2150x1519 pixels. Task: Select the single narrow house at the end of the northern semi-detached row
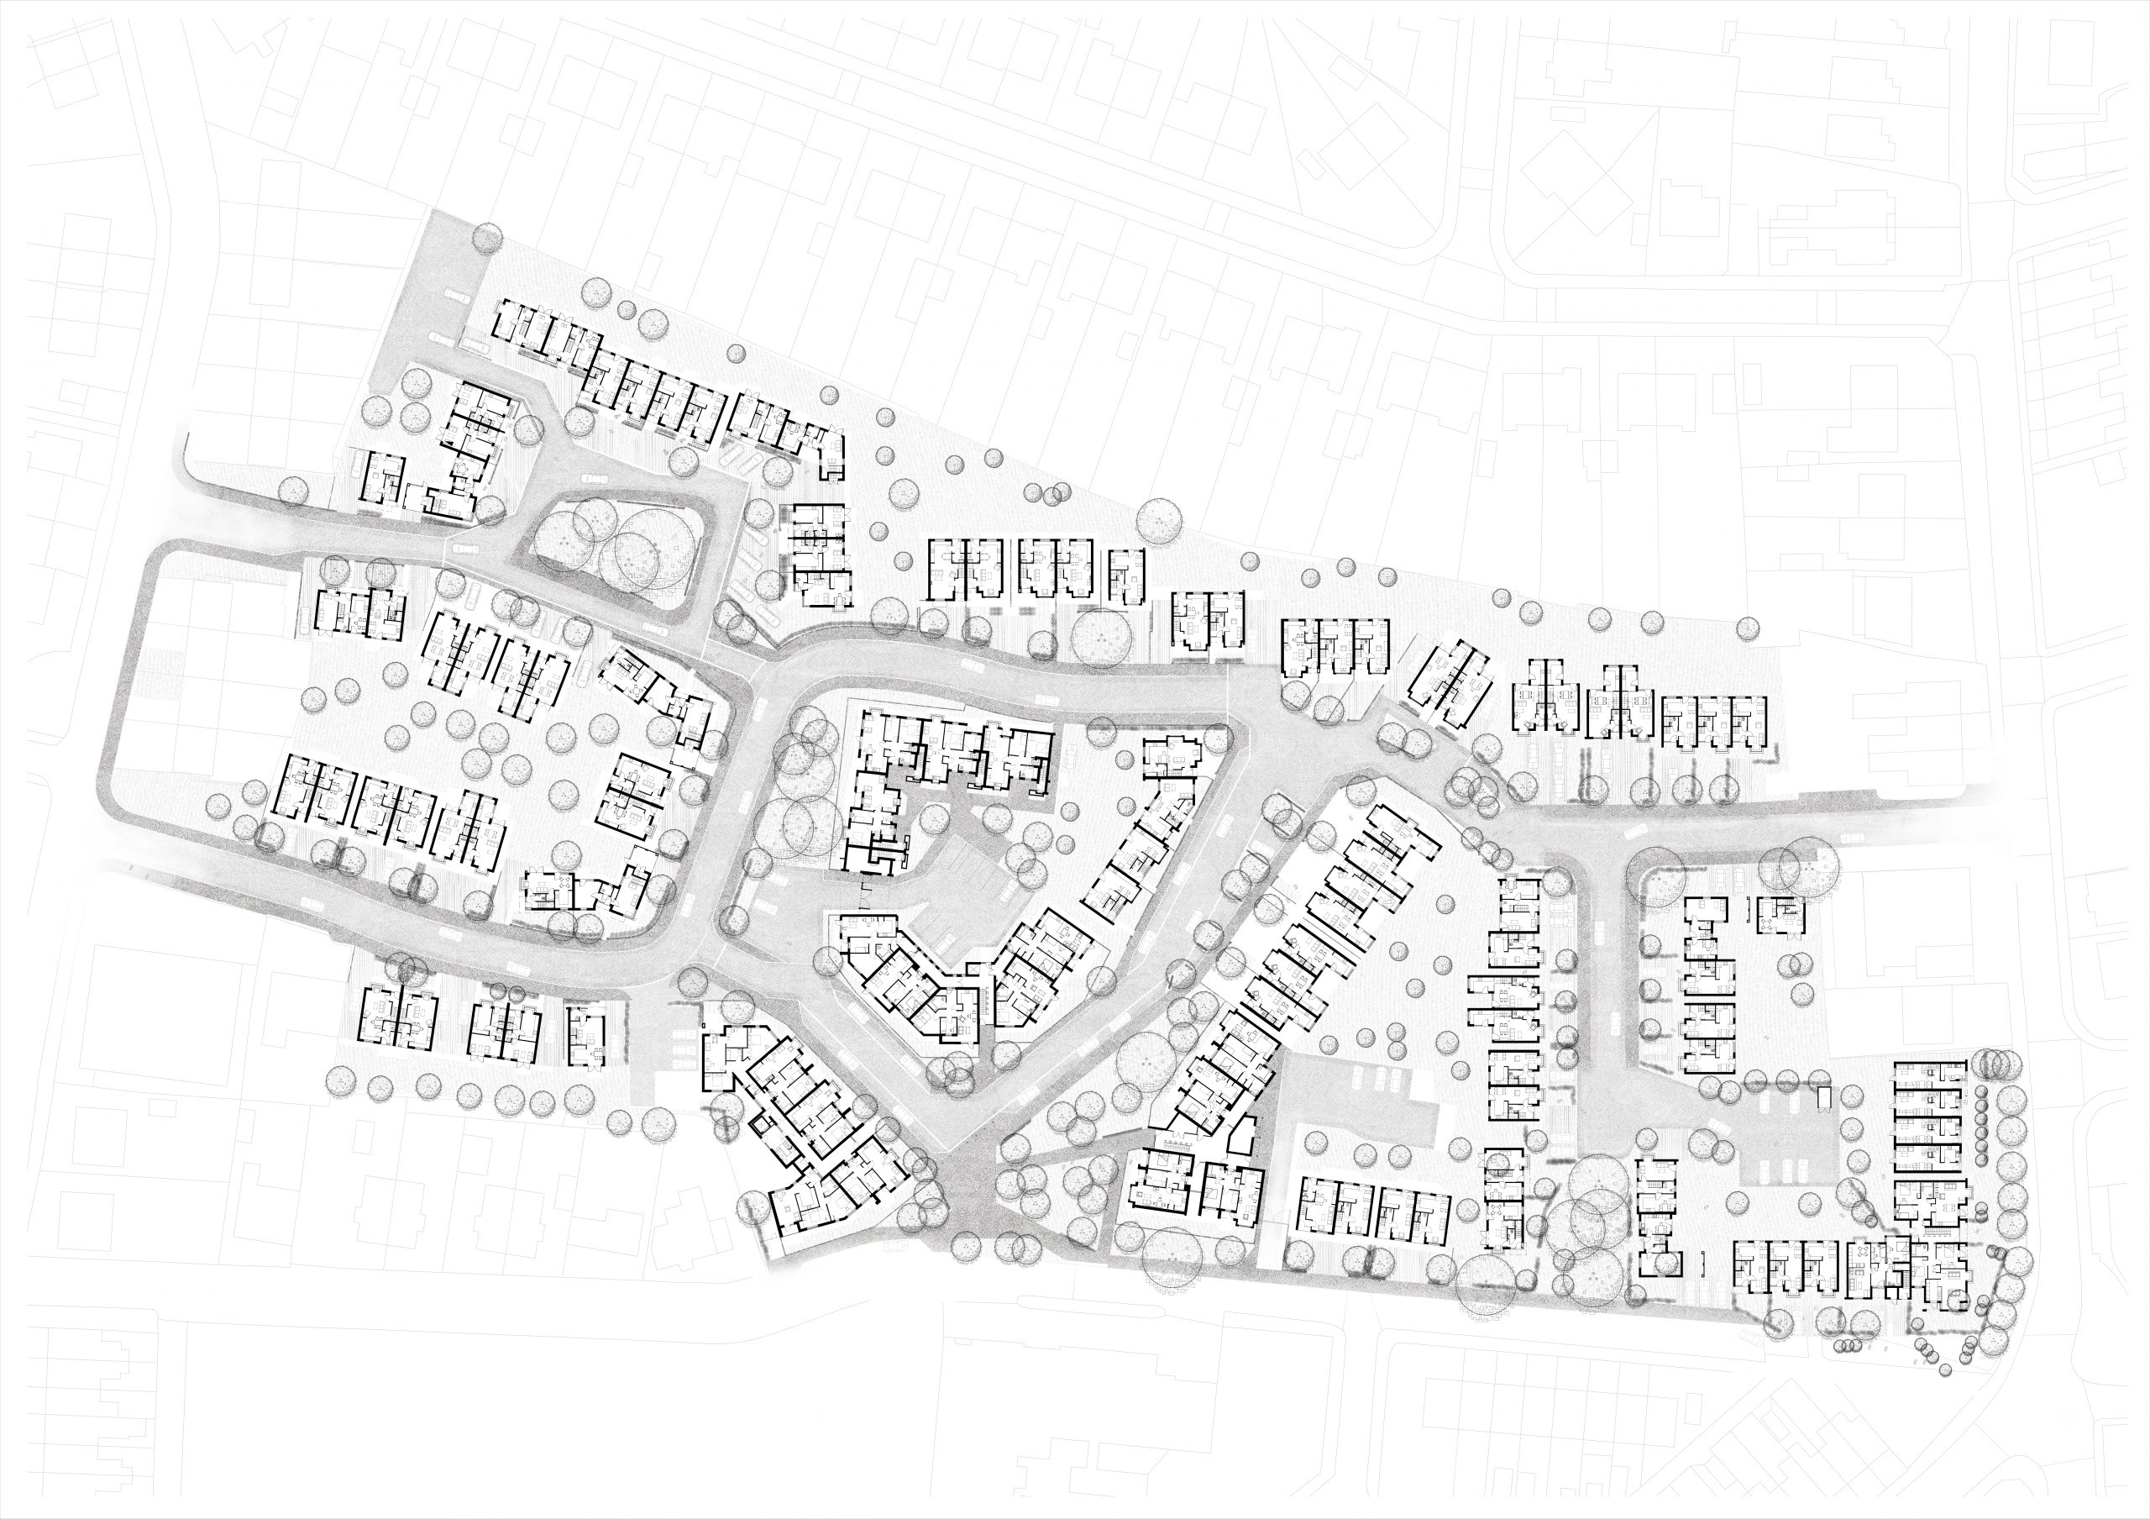(x=1125, y=577)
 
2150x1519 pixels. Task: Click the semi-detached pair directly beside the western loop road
(x=360, y=613)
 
